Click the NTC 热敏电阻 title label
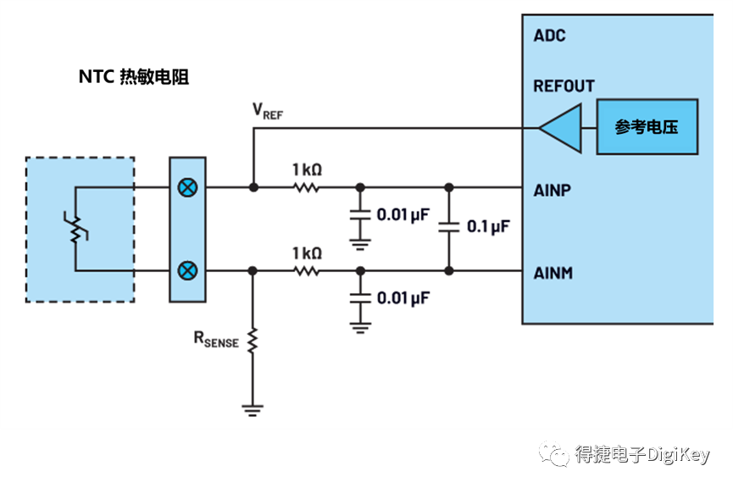pos(133,77)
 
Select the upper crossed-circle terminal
pos(187,187)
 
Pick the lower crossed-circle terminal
pos(187,271)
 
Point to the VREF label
pos(268,111)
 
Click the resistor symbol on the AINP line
pos(306,187)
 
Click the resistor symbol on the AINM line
pos(306,271)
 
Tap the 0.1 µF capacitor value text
pos(488,227)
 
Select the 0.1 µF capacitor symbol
pos(449,227)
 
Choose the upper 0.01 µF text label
pos(403,215)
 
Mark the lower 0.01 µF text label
pos(403,298)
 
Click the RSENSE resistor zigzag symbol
pos(252,341)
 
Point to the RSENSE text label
pos(216,341)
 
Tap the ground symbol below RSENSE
pos(252,411)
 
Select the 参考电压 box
pos(647,128)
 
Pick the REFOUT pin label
pos(564,86)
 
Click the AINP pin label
pos(552,189)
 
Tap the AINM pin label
pos(553,273)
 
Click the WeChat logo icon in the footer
pos(555,454)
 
